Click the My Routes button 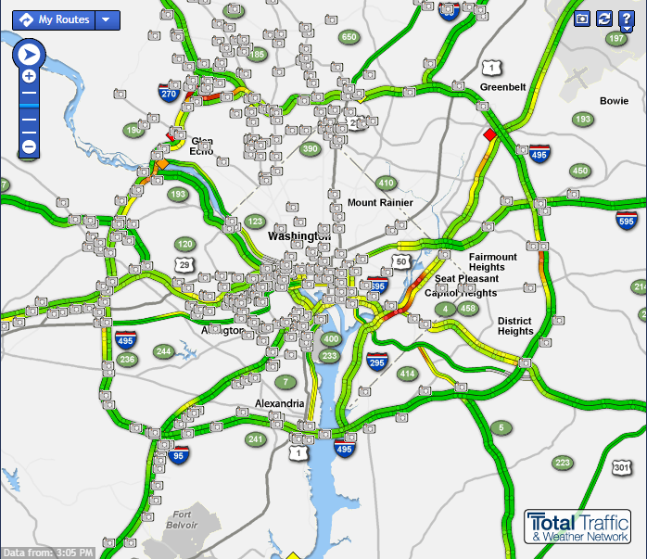click(x=56, y=19)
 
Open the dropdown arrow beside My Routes click(x=107, y=19)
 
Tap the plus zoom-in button click(x=29, y=77)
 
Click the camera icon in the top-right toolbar click(x=582, y=19)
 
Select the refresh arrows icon click(x=604, y=19)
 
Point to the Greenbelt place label click(x=502, y=87)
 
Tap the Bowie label click(x=614, y=101)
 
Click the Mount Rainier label click(x=380, y=203)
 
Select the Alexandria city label click(x=280, y=404)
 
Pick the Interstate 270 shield click(x=169, y=93)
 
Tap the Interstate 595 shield click(x=627, y=221)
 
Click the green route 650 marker click(x=349, y=37)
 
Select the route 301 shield click(x=621, y=468)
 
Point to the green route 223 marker click(x=563, y=463)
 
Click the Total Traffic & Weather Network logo click(x=578, y=526)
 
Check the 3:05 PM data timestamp click(x=48, y=553)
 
